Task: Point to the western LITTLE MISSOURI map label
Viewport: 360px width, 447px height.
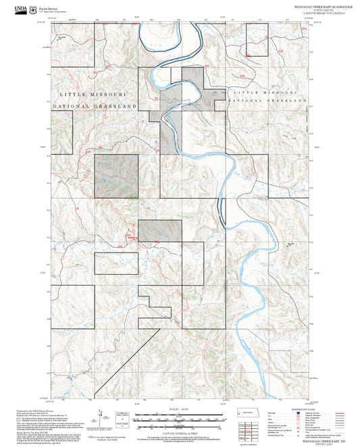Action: click(95, 95)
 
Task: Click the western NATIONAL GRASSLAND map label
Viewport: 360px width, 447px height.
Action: click(95, 107)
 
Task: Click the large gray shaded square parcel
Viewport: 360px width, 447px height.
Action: click(116, 176)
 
